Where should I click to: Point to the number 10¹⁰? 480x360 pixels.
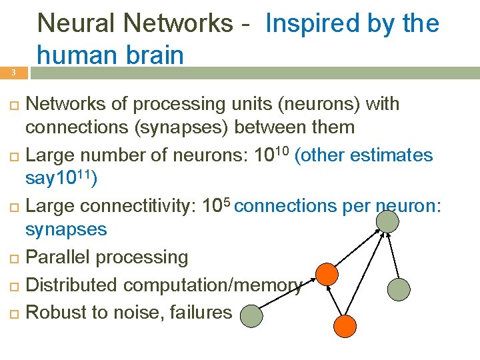pyautogui.click(x=271, y=155)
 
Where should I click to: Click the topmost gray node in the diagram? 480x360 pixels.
pyautogui.click(x=386, y=219)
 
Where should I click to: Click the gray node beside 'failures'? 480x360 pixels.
pyautogui.click(x=251, y=315)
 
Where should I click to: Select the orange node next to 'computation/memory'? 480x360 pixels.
pyautogui.click(x=327, y=274)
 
